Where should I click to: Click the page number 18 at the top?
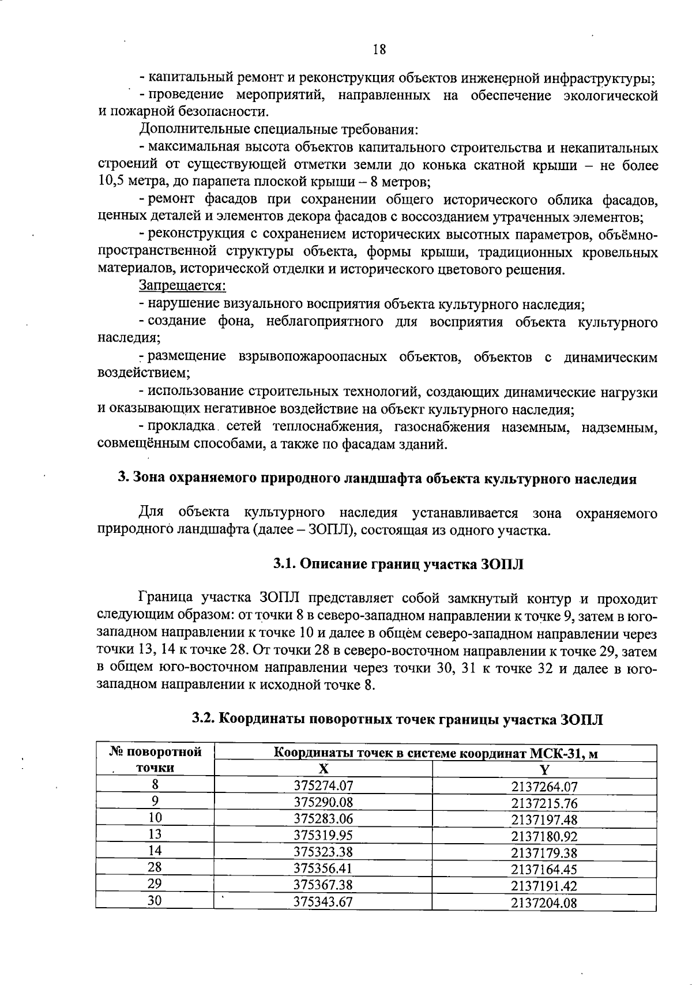click(x=379, y=50)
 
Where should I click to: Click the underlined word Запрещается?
click(x=182, y=285)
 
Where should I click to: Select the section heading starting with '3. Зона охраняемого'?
click(x=377, y=479)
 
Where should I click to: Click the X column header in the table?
click(x=323, y=769)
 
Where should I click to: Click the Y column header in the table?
click(x=544, y=769)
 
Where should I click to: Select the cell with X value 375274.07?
click(x=323, y=785)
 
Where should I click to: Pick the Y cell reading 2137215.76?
click(x=544, y=803)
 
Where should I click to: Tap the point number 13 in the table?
click(x=155, y=834)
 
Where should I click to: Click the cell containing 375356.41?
click(x=323, y=868)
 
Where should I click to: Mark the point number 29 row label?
click(x=155, y=884)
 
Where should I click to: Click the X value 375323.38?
click(x=323, y=852)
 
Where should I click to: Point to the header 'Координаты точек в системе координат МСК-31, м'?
click(x=435, y=753)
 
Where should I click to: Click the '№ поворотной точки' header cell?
click(x=155, y=760)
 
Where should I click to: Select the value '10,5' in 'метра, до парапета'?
click(x=110, y=183)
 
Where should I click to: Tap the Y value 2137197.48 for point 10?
click(x=544, y=819)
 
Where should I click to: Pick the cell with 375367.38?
click(x=323, y=885)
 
